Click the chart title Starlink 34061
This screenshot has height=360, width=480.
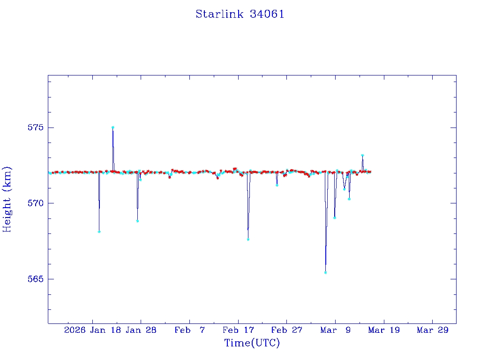point(240,14)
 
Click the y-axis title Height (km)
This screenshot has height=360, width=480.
point(7,199)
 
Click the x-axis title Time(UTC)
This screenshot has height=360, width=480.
point(252,343)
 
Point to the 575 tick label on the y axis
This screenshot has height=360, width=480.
point(36,127)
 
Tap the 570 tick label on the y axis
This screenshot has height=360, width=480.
point(36,203)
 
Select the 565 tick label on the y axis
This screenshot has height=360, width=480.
point(36,279)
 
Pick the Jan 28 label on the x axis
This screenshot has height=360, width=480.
point(141,330)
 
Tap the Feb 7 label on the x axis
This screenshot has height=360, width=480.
point(190,330)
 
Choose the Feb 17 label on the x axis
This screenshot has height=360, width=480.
point(239,330)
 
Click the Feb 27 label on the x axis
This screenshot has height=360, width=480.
point(287,330)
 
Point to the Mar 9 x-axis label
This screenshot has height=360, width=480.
point(336,330)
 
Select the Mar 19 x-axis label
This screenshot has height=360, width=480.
point(384,330)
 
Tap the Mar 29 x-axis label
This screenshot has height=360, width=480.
point(433,330)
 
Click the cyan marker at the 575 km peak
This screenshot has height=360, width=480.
point(113,127)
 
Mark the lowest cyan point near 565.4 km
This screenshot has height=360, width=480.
point(325,272)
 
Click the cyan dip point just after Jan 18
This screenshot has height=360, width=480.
point(99,232)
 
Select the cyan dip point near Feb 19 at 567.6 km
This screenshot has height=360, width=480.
point(248,240)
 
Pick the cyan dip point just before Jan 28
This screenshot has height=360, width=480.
point(137,221)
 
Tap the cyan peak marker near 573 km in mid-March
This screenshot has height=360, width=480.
point(362,155)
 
